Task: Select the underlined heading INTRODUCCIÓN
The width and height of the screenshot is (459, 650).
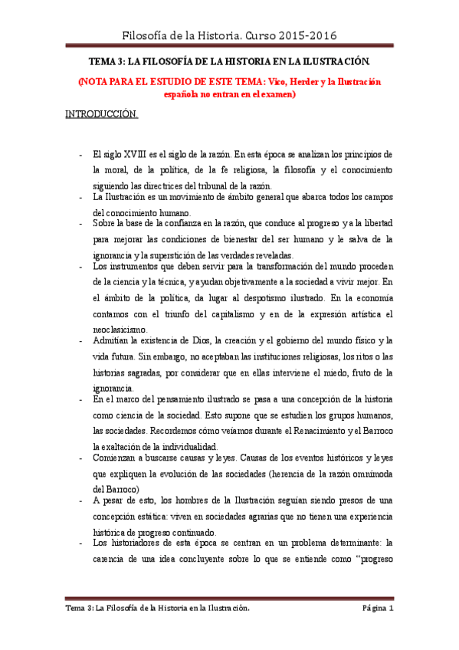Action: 101,115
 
